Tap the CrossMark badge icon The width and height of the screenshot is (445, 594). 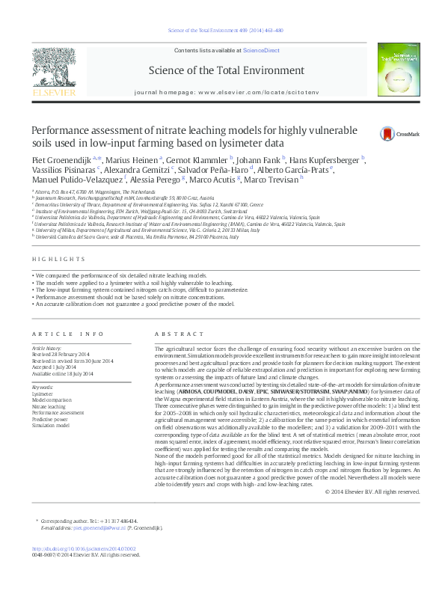tap(387, 134)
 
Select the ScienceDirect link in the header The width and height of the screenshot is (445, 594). tap(260, 49)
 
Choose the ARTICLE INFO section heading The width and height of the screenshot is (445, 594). tap(67, 334)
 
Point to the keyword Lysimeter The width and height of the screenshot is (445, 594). tap(43, 393)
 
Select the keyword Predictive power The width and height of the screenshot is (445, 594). tap(50, 419)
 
